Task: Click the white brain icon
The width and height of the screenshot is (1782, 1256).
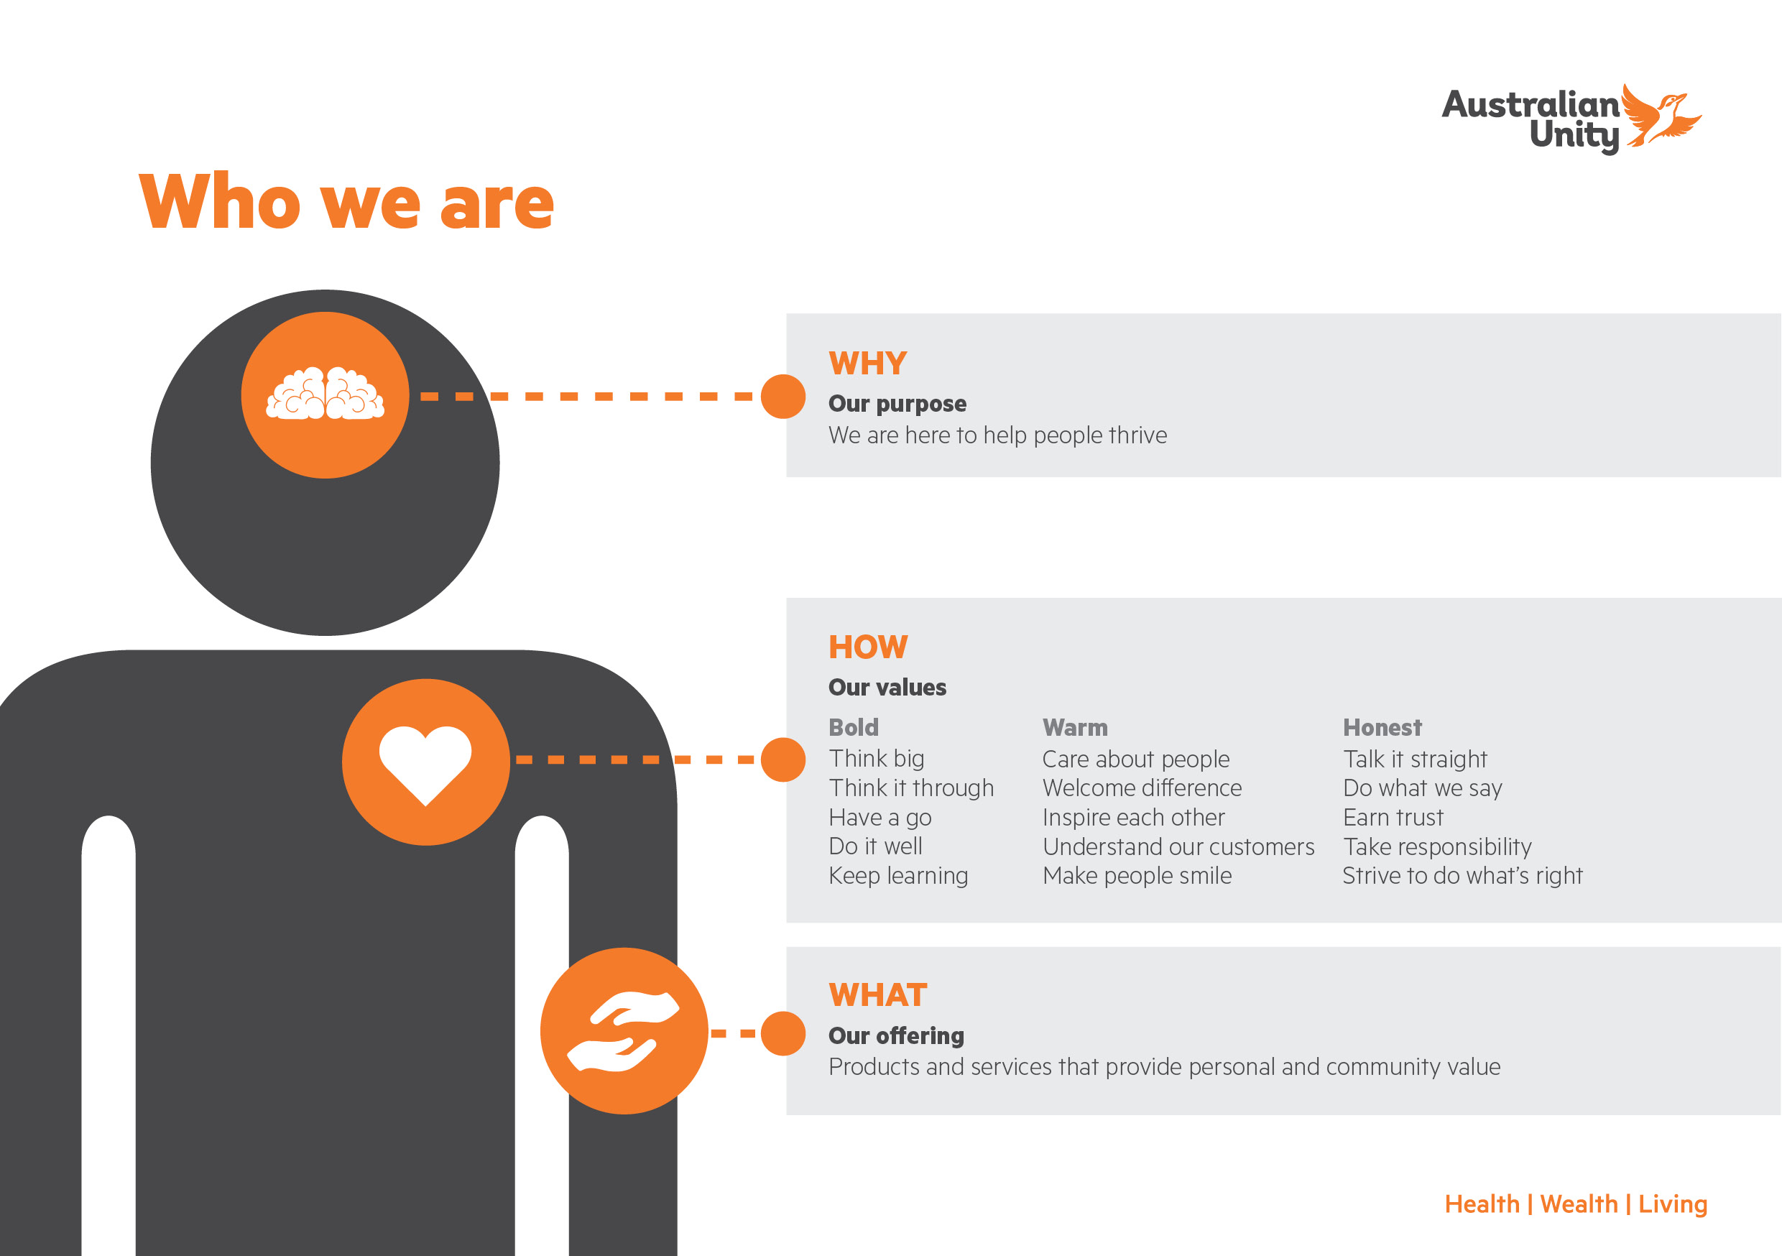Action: pyautogui.click(x=326, y=394)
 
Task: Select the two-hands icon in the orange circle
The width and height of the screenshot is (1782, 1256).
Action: pyautogui.click(x=623, y=1032)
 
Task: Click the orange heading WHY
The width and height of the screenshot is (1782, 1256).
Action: pyautogui.click(x=868, y=364)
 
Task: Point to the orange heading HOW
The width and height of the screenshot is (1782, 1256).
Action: pyautogui.click(x=868, y=647)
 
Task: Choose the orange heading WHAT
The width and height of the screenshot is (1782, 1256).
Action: pyautogui.click(x=878, y=995)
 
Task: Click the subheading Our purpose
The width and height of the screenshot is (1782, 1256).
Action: pyautogui.click(x=897, y=404)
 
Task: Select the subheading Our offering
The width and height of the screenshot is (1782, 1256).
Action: pyautogui.click(x=897, y=1035)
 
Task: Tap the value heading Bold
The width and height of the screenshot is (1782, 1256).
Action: pyautogui.click(x=854, y=727)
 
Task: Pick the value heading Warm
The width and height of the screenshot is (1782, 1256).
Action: pyautogui.click(x=1075, y=727)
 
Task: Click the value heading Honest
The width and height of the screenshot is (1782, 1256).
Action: pyautogui.click(x=1382, y=727)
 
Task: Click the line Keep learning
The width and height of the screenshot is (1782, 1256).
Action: pyautogui.click(x=898, y=876)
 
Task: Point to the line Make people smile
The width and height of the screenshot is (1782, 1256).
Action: pyautogui.click(x=1137, y=876)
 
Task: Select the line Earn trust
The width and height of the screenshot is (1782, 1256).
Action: pyautogui.click(x=1393, y=818)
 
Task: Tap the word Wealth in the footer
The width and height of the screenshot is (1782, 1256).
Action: pyautogui.click(x=1579, y=1204)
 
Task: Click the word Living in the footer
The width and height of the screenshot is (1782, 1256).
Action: pyautogui.click(x=1673, y=1205)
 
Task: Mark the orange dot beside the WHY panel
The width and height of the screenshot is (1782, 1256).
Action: pyautogui.click(x=783, y=396)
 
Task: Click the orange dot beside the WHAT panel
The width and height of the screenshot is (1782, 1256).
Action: pyautogui.click(x=783, y=1033)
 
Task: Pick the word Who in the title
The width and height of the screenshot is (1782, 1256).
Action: pyautogui.click(x=220, y=201)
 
